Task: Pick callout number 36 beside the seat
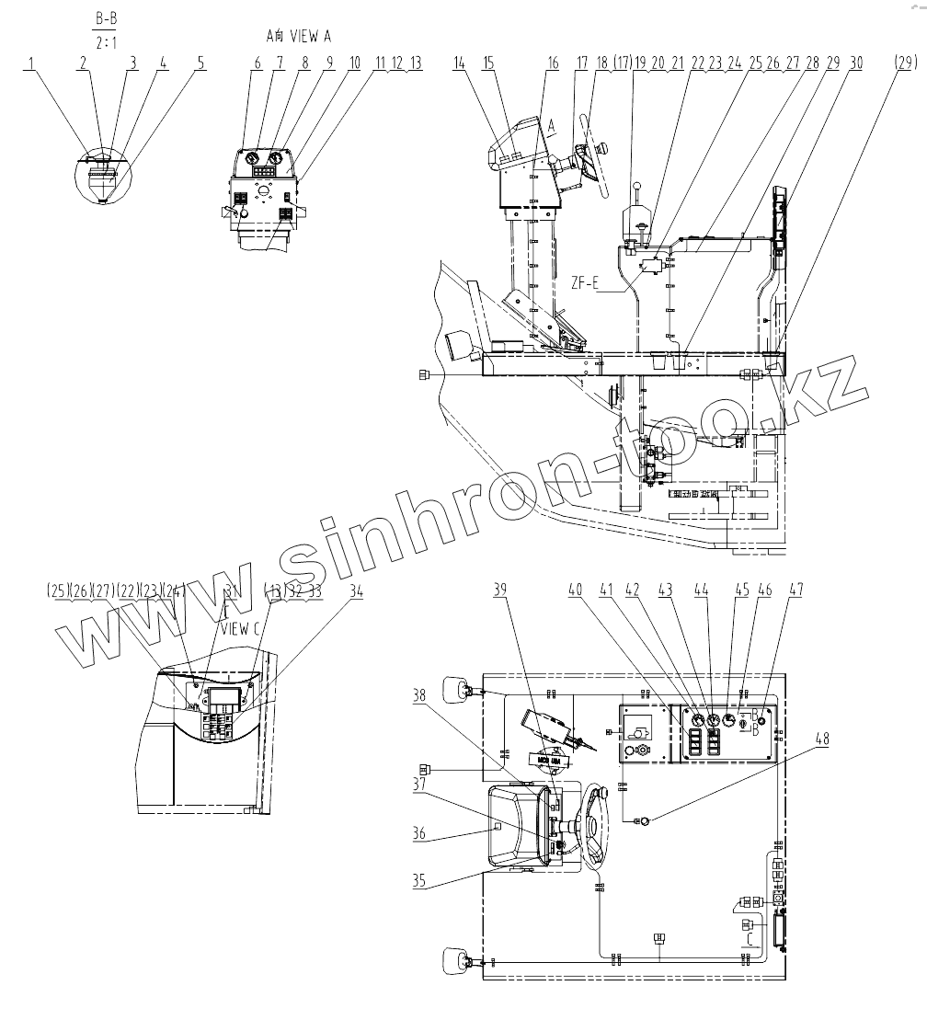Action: click(418, 835)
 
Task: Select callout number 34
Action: click(357, 592)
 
